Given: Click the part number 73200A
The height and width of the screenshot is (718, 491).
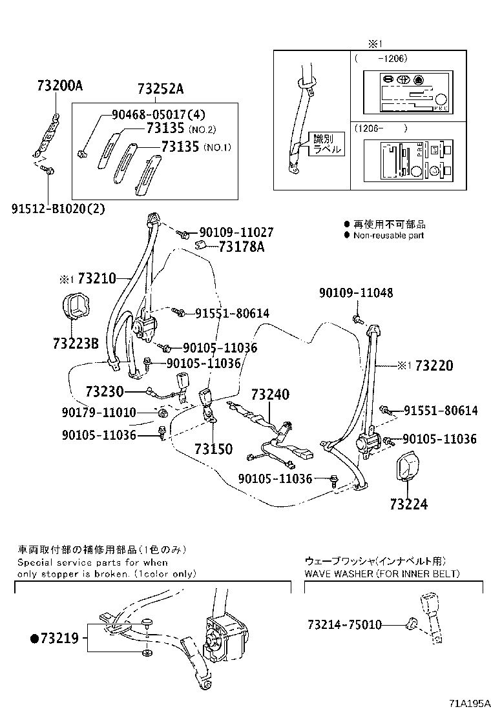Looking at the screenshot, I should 60,87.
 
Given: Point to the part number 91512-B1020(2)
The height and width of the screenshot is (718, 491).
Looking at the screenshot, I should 57,209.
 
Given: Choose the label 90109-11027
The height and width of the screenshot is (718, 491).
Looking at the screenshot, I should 235,232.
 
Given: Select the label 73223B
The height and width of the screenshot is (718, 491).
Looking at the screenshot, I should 76,344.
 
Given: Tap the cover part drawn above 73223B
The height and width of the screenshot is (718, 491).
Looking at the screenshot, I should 76,309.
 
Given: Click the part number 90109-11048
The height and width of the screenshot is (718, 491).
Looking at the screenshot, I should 364,292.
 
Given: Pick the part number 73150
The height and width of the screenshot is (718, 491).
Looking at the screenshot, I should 213,449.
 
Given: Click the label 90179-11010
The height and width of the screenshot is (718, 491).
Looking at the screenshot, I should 99,412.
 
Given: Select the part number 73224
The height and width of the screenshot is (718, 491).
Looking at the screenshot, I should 408,504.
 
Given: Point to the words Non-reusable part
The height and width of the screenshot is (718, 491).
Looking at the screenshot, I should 388,236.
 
